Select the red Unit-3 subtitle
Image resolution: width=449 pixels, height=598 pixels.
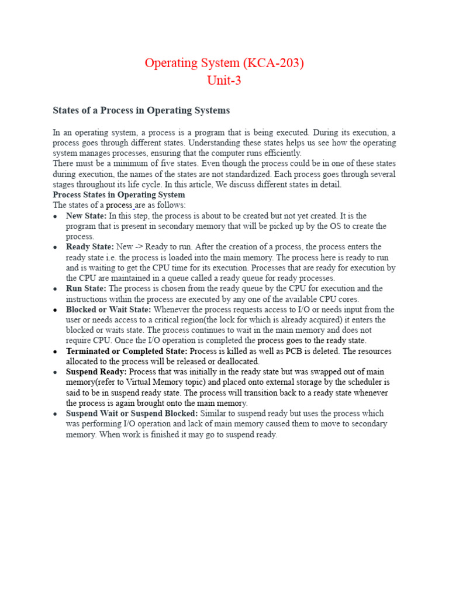click(224, 81)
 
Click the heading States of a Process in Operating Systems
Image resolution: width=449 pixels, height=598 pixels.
click(141, 110)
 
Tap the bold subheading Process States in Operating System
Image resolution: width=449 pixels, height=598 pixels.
click(119, 194)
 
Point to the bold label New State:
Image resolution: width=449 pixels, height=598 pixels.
click(87, 215)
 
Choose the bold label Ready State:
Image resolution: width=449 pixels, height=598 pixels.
click(90, 247)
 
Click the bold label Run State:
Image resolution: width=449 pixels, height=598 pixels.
click(86, 288)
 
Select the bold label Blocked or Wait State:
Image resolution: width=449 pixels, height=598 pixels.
click(108, 310)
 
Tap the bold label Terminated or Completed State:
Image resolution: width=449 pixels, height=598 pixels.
click(126, 351)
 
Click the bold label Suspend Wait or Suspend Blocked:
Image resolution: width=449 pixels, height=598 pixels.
click(132, 413)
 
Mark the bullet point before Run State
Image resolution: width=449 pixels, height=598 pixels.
click(55, 289)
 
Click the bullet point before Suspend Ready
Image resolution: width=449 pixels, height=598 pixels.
click(55, 372)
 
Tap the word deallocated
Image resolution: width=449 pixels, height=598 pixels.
click(232, 361)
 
